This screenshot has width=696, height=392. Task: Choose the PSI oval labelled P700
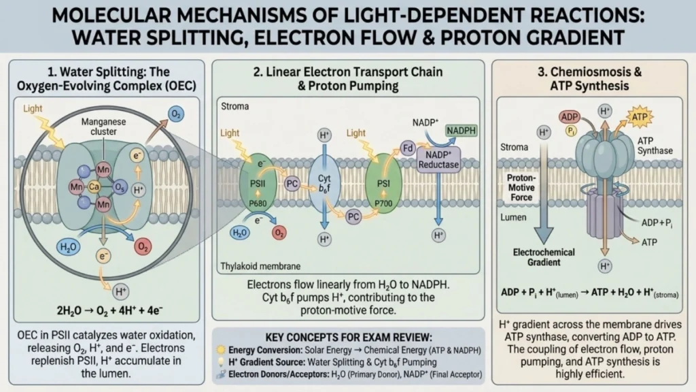384,189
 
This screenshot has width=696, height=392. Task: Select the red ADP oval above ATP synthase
570,117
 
